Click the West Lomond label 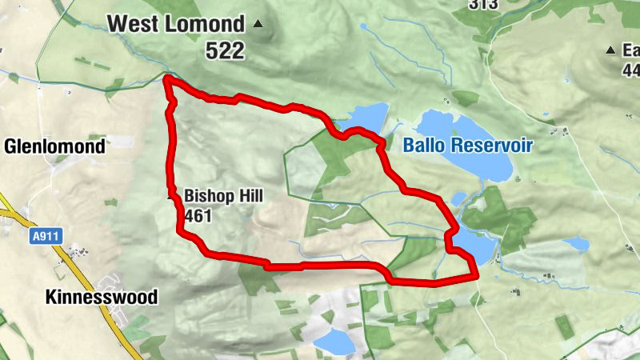[175, 24]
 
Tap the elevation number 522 [225, 51]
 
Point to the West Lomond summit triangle [258, 24]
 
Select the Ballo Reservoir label [468, 146]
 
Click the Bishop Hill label [223, 195]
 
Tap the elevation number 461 [198, 216]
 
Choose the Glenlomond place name [55, 147]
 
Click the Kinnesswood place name [102, 298]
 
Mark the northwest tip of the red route [167, 78]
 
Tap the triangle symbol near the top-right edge [611, 50]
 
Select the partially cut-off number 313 [483, 5]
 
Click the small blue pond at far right [575, 243]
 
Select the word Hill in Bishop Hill [247, 195]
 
